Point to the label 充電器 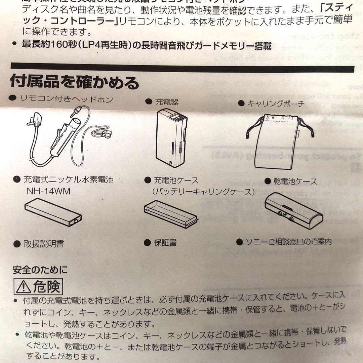tap(166, 102)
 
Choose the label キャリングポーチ tap(275, 104)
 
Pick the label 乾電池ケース tap(295, 182)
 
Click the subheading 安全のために tap(40, 270)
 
